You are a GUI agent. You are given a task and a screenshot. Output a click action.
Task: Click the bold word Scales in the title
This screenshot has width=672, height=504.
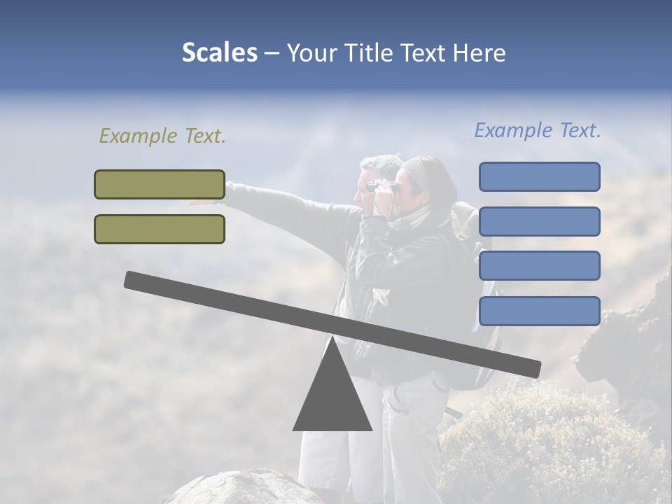219,52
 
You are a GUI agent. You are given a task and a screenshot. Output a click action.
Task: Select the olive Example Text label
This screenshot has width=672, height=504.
162,136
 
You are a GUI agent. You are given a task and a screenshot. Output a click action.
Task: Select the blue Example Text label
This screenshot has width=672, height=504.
538,130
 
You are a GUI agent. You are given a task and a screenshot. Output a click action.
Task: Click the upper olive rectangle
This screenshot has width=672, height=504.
160,184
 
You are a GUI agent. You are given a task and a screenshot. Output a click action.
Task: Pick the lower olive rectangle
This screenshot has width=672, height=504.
160,229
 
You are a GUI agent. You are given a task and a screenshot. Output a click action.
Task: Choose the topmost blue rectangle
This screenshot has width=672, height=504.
539,176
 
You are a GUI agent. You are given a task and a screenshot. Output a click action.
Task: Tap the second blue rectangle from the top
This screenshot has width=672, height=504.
539,221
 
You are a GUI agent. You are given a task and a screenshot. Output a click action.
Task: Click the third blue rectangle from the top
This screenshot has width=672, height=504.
539,266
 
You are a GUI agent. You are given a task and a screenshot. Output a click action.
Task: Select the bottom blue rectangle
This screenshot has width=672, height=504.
539,311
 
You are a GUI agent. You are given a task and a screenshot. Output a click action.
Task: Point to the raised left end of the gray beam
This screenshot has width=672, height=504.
133,279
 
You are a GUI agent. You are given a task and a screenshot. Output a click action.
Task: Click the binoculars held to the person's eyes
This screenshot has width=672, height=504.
382,187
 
